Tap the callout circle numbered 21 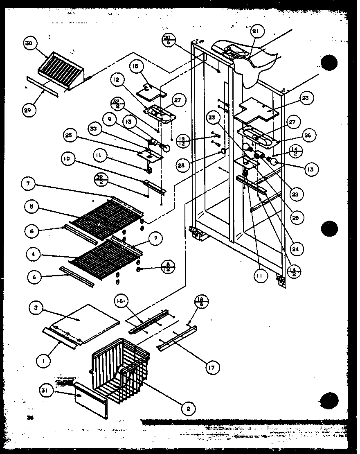click(258, 32)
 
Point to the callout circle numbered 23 click(306, 98)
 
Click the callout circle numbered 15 click(137, 67)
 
